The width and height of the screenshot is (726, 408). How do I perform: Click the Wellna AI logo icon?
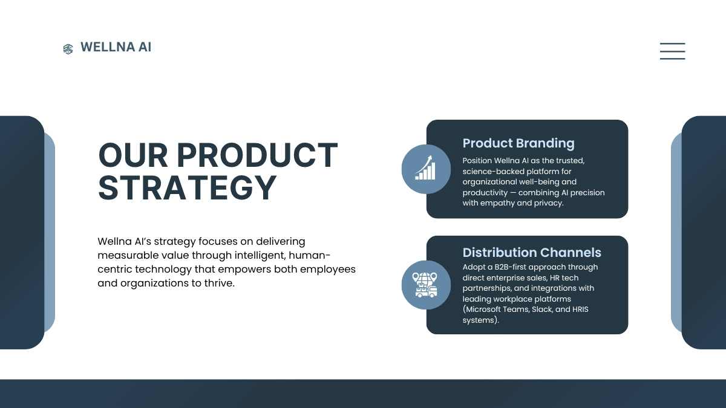pos(68,49)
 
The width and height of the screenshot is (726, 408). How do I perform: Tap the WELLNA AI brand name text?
pos(116,47)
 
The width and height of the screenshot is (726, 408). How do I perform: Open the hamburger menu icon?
pos(673,51)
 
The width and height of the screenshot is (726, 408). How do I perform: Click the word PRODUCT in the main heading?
pos(257,155)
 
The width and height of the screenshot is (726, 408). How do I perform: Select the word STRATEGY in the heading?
pos(188,188)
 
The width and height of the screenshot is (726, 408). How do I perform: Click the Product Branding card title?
pos(518,143)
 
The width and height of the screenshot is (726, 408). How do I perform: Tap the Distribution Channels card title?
pos(532,253)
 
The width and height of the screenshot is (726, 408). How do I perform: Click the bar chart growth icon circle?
pos(426,169)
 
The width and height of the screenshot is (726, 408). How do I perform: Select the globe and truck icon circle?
pos(426,285)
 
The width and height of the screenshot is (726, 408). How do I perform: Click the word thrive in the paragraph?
pos(219,283)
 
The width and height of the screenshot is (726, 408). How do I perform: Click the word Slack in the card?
pos(542,309)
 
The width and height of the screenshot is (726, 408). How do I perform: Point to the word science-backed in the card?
pos(493,171)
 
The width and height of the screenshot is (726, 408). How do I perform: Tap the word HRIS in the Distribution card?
pos(580,309)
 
